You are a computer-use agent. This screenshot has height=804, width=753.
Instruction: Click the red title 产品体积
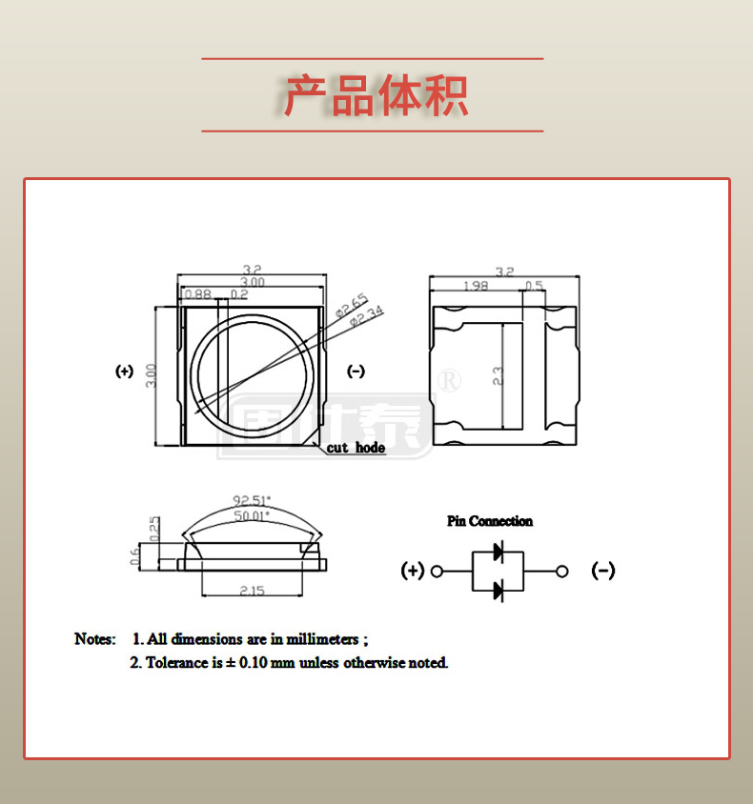click(x=376, y=95)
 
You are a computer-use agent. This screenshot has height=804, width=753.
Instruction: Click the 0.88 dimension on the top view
click(x=197, y=294)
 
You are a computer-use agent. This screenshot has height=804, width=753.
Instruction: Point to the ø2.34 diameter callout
click(x=366, y=317)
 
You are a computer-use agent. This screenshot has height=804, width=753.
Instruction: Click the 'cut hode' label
click(x=356, y=448)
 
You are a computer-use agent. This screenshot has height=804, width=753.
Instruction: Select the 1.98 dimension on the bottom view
click(x=476, y=286)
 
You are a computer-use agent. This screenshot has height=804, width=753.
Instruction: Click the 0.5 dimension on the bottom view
click(x=534, y=286)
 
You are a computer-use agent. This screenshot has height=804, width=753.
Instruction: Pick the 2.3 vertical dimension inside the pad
click(x=497, y=375)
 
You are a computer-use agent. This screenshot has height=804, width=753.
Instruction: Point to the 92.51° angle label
click(x=252, y=499)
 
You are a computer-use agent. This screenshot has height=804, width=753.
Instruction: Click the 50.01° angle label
click(x=252, y=514)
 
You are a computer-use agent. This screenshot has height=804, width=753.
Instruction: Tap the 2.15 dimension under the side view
click(x=252, y=591)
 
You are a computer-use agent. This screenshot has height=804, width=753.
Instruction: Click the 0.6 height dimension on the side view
click(x=135, y=555)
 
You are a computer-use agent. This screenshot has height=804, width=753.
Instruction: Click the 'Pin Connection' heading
click(x=490, y=521)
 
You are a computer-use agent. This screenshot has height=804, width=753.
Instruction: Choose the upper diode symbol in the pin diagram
click(x=498, y=552)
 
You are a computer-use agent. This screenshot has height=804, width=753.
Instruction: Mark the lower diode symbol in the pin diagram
click(x=498, y=592)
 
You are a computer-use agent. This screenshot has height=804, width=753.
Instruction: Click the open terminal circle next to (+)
click(x=438, y=572)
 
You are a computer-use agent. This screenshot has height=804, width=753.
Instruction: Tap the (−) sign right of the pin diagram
click(x=603, y=571)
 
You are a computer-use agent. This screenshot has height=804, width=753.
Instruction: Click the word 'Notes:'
click(x=95, y=638)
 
